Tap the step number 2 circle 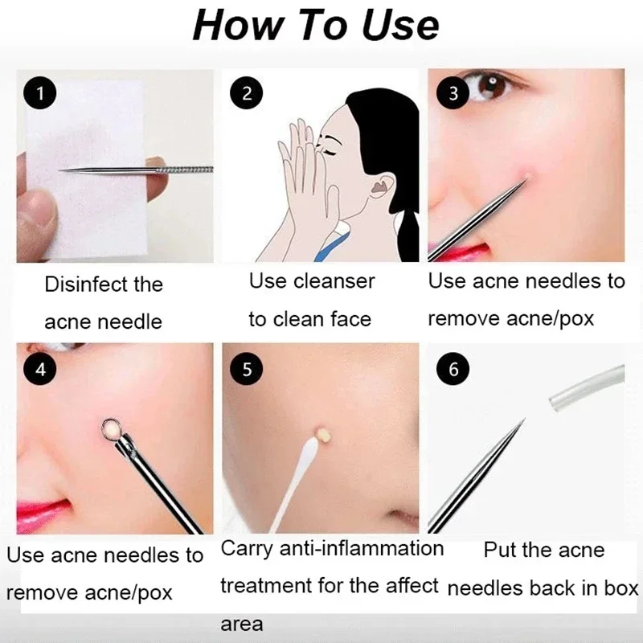pos(247,93)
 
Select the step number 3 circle pos(453,93)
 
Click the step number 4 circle pos(40,370)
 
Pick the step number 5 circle pos(246,370)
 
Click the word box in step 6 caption pos(618,588)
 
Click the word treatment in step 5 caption pos(269,586)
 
